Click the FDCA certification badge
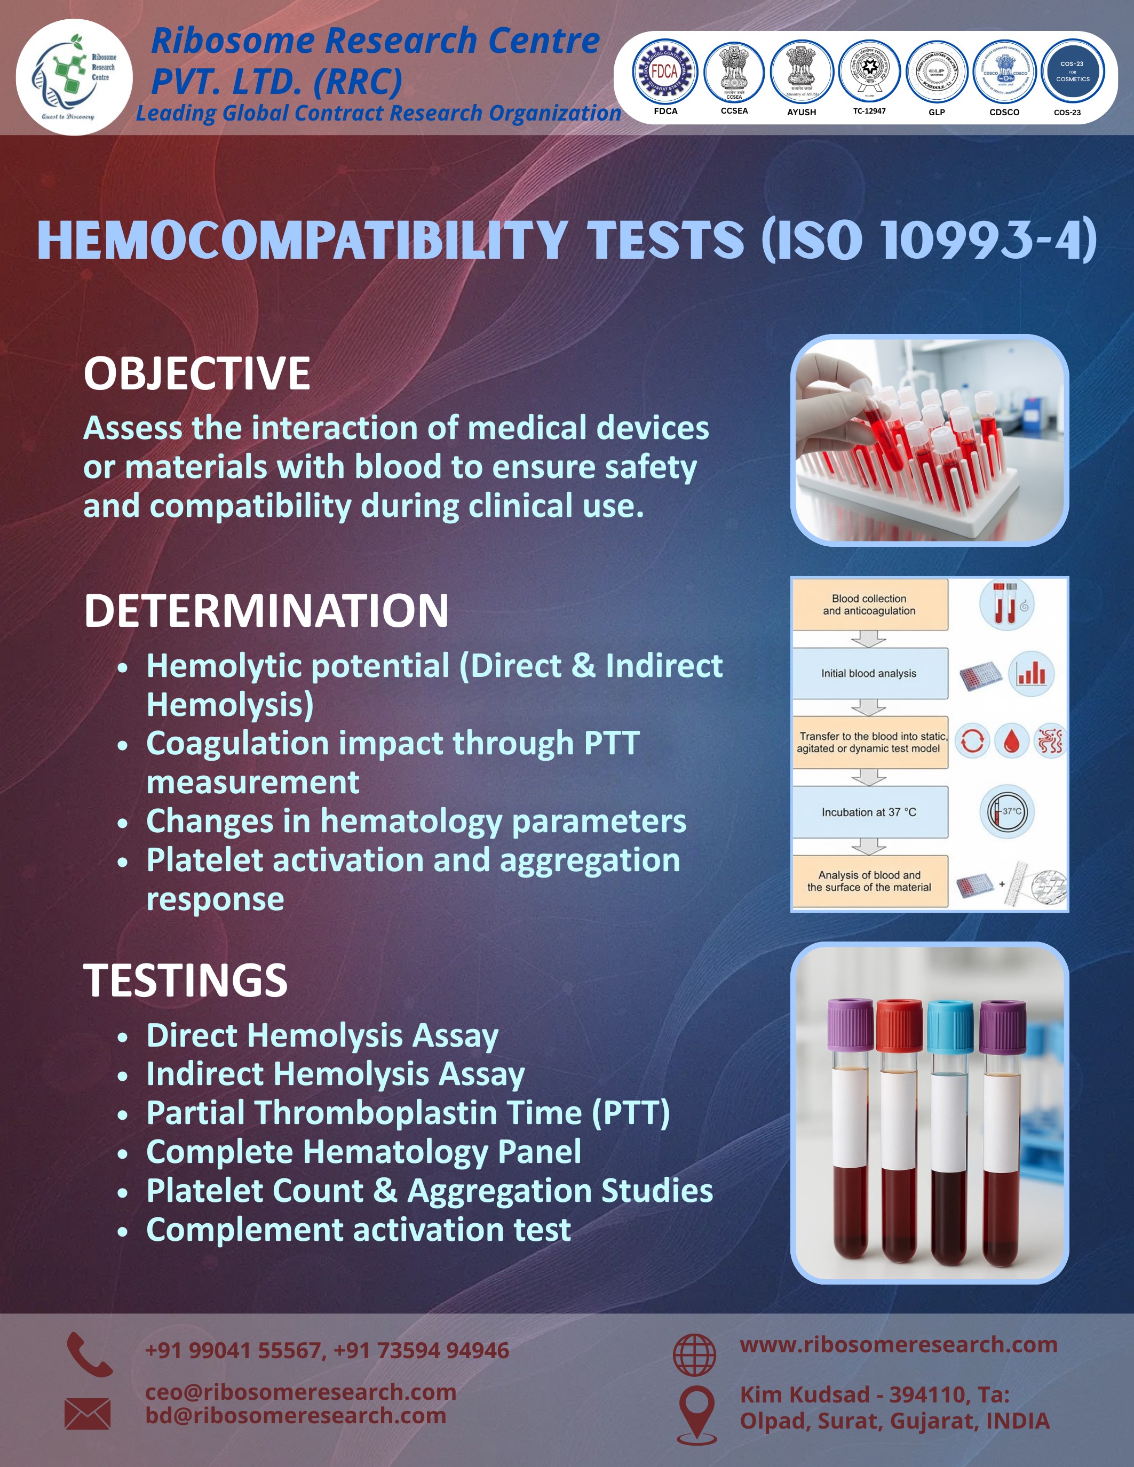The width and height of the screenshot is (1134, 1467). pos(665,71)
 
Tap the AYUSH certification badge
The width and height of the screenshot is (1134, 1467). pos(802,71)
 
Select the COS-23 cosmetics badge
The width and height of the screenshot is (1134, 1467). pos(1072,71)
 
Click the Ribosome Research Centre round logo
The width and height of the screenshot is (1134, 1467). pos(74,77)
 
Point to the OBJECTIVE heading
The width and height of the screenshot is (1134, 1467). pos(197,373)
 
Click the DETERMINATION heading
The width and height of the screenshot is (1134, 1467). pos(266,611)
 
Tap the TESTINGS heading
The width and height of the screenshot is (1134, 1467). pos(185,980)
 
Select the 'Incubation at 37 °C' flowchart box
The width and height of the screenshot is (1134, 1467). pos(869,812)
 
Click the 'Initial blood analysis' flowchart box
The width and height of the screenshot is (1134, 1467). pos(869,673)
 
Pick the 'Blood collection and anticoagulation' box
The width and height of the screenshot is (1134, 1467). pos(869,604)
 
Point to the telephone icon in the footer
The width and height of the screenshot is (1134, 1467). pos(89,1355)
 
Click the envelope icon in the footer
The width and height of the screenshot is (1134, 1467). pos(88,1413)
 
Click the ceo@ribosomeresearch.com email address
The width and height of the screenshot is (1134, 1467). pos(300,1392)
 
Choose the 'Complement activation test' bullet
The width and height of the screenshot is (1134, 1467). pos(358,1230)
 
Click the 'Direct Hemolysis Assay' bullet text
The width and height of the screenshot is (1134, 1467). pos(322,1036)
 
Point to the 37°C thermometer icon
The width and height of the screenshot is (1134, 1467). pos(1006,812)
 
